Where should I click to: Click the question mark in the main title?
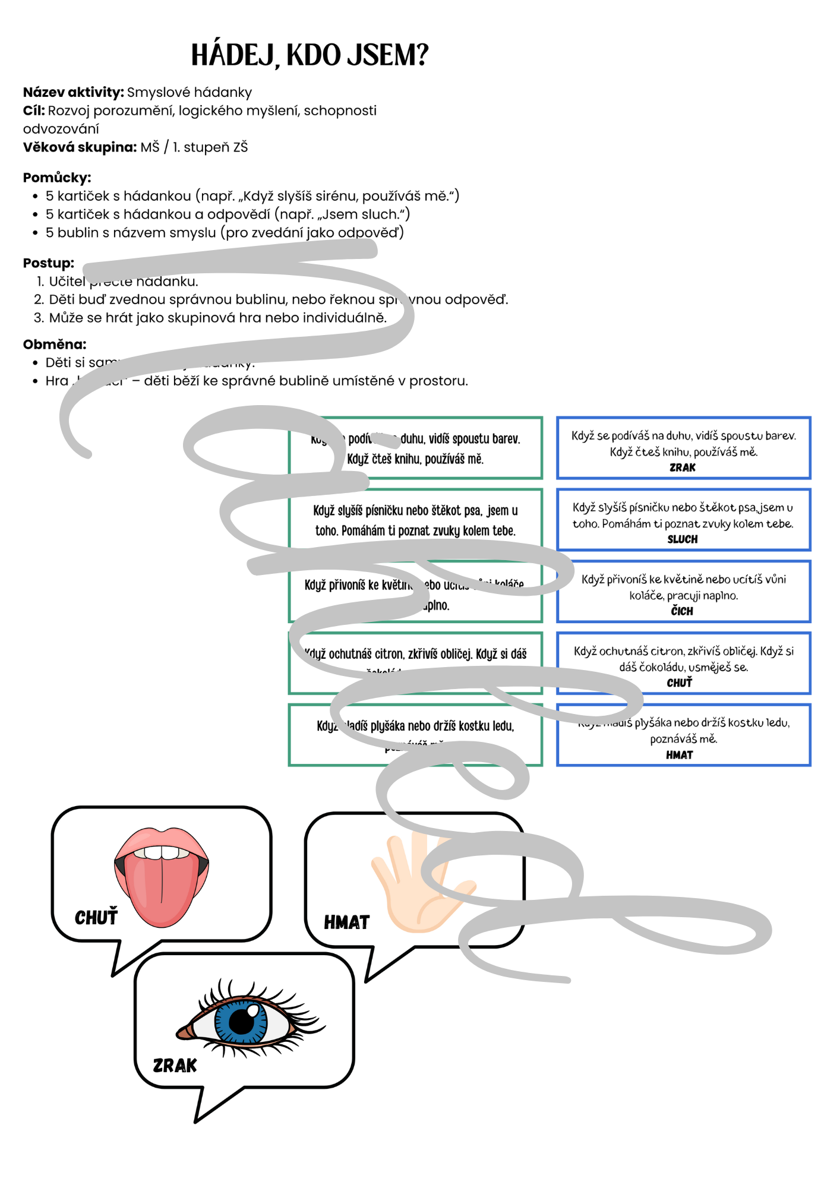click(421, 55)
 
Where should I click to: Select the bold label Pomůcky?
click(57, 178)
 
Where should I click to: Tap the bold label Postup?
click(49, 263)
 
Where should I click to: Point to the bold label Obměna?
click(55, 345)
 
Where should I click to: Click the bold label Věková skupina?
click(80, 147)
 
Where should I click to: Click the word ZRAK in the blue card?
click(682, 467)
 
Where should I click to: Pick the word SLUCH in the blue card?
click(682, 539)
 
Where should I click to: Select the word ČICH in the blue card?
click(682, 611)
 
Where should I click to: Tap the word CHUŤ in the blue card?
click(679, 683)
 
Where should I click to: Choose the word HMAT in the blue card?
click(679, 755)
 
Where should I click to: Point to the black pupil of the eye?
click(242, 1022)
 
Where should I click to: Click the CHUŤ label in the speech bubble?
click(96, 918)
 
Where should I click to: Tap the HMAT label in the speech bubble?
click(346, 922)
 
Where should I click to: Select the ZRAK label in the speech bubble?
click(175, 1066)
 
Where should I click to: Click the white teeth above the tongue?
click(162, 853)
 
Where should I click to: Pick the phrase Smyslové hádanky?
click(190, 92)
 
